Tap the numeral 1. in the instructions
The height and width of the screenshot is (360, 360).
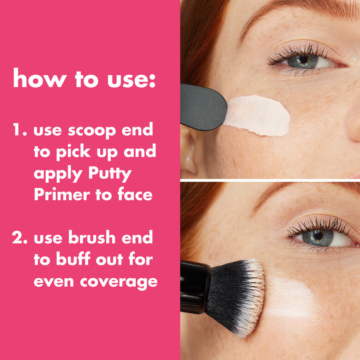point(21,131)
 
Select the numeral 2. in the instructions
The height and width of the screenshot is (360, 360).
point(21,239)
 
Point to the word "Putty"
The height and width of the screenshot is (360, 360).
point(108,174)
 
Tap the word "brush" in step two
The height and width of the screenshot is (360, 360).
point(91,239)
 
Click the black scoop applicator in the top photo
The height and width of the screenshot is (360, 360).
point(202,107)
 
